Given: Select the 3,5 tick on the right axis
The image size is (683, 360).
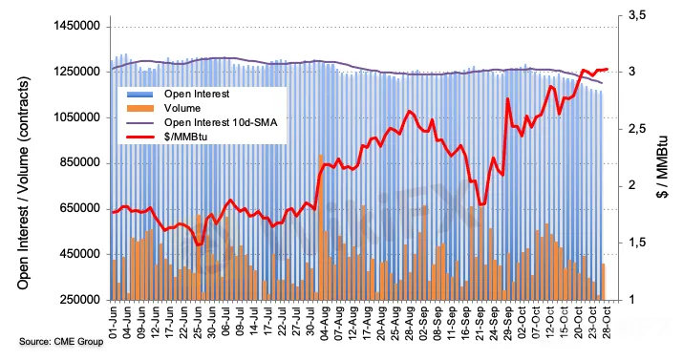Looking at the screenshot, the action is tap(637, 16).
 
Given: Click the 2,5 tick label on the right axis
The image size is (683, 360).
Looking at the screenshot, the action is tap(637, 129).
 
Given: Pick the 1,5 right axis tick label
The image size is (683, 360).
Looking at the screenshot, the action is tap(637, 243).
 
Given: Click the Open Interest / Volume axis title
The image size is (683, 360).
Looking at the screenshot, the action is tap(24, 182).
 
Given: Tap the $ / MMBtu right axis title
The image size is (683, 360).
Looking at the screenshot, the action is tap(663, 165).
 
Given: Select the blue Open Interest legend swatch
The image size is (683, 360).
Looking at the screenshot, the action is tap(139, 94).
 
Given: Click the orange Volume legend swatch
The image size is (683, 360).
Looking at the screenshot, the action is tap(139, 108).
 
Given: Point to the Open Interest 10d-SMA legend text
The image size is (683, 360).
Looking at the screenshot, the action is tap(221, 122).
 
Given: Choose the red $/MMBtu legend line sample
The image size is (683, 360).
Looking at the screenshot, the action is tap(139, 137).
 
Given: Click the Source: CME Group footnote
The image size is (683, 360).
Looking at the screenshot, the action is tap(61, 342).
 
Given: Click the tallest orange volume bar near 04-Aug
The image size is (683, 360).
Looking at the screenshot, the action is tap(321, 227).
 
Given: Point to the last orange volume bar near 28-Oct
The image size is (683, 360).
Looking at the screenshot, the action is tap(604, 282).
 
